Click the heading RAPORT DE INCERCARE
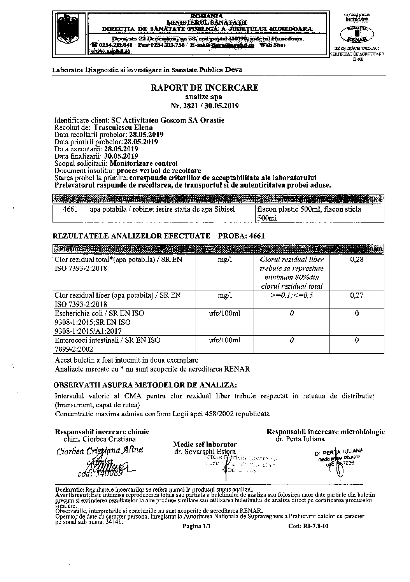point(205,88)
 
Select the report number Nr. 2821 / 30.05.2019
point(205,106)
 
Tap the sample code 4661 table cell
point(70,209)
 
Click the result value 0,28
point(357,259)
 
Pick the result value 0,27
point(357,295)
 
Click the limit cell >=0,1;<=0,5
point(292,295)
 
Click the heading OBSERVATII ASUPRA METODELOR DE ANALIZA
point(145,385)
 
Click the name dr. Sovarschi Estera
point(205,452)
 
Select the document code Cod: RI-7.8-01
point(309,526)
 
